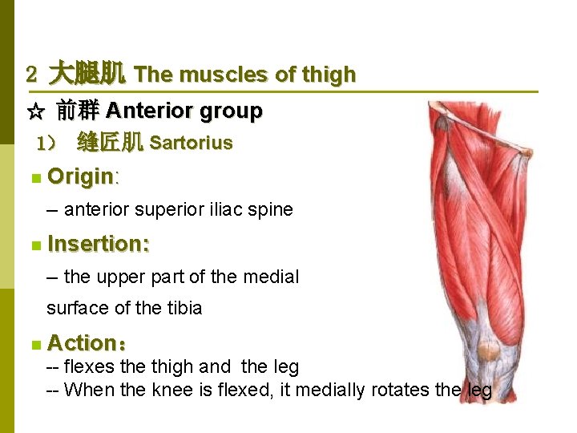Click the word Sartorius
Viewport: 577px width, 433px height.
click(x=191, y=144)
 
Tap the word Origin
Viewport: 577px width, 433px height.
click(x=80, y=176)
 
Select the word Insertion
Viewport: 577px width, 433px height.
click(x=98, y=243)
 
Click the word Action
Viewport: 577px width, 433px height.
click(x=82, y=343)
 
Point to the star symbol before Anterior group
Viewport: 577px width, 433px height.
click(x=34, y=111)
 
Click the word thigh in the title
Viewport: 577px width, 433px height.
click(x=329, y=75)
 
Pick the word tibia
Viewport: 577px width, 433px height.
click(x=184, y=308)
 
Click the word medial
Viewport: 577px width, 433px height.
click(x=271, y=277)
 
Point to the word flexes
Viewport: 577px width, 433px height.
click(x=90, y=367)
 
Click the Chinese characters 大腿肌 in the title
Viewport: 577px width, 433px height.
click(x=87, y=75)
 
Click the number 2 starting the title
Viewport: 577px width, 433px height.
click(x=31, y=75)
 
